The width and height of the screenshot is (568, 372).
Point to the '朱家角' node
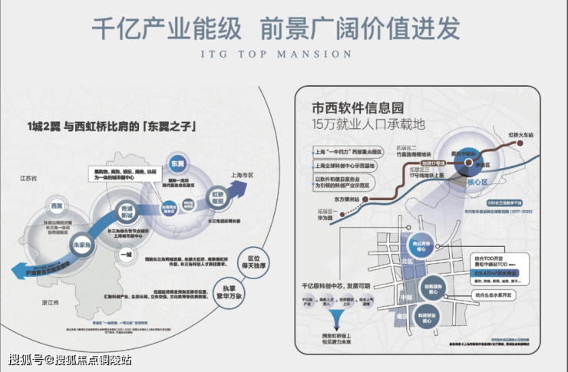(80, 245)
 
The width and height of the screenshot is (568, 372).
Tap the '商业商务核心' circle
(415, 247)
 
